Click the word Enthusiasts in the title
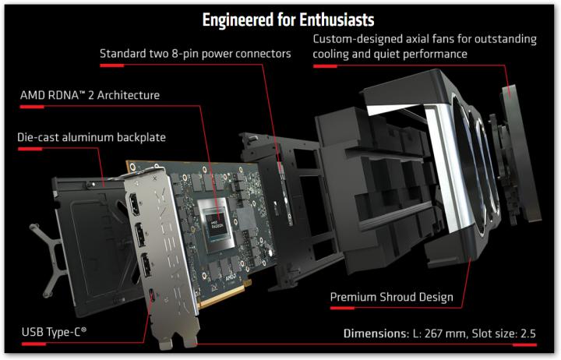coord(337,19)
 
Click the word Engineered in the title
coord(238,19)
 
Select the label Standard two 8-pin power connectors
coord(195,54)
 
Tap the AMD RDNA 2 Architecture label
coord(90,95)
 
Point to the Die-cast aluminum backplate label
coord(92,137)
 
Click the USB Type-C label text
coord(54,332)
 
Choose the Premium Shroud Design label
coord(391,297)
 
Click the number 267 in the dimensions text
coord(434,334)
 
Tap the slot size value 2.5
coord(528,334)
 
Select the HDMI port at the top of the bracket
coord(134,205)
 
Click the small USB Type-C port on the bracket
coord(153,295)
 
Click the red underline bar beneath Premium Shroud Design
coord(342,308)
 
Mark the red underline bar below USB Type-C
coord(34,344)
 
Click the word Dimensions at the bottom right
coord(376,334)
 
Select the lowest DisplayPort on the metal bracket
coord(146,265)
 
